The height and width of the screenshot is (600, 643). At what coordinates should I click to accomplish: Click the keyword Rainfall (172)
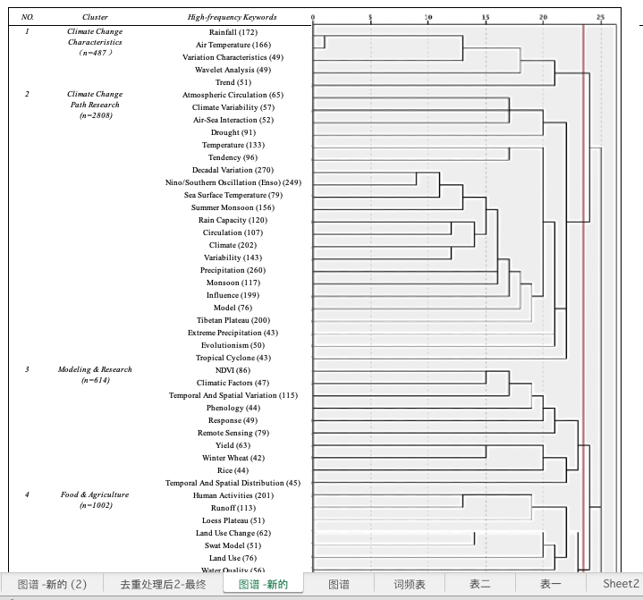(x=232, y=32)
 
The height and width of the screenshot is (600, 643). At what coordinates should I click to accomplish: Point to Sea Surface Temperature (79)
(x=233, y=195)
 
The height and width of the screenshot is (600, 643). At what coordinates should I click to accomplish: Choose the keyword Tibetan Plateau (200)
(x=233, y=320)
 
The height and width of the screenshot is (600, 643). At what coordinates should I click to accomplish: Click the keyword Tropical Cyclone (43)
(x=233, y=358)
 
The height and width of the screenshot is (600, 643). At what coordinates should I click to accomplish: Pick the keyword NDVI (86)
(x=233, y=370)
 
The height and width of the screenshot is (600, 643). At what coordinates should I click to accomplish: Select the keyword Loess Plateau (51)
(x=233, y=520)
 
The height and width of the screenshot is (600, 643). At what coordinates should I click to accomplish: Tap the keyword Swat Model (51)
(x=233, y=545)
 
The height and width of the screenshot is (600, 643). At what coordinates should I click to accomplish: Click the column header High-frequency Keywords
(x=233, y=17)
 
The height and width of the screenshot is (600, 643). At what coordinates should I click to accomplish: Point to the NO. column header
(x=28, y=17)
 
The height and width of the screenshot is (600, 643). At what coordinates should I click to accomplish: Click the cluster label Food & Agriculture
(x=95, y=494)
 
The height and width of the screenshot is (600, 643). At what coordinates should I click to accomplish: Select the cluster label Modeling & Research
(x=95, y=369)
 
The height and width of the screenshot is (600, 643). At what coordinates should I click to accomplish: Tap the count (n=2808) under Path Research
(x=95, y=115)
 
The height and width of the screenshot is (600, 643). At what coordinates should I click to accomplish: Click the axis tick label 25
(x=600, y=17)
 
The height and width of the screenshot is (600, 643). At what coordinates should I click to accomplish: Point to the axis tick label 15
(x=486, y=17)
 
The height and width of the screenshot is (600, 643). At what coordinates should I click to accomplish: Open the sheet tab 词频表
(x=410, y=584)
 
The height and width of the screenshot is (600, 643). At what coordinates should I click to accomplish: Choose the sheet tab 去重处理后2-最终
(x=163, y=584)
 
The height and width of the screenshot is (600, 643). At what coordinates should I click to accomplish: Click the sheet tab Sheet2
(x=620, y=584)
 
